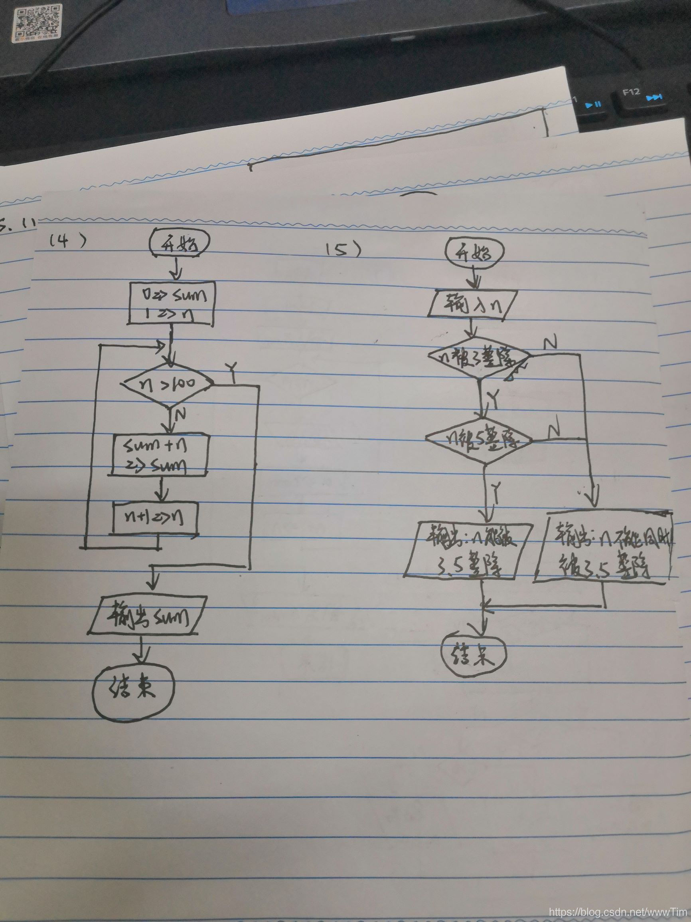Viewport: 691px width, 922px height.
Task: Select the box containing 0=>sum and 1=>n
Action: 172,302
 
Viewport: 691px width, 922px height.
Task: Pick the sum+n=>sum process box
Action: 160,455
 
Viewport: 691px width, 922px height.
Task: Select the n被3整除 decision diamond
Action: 479,357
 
